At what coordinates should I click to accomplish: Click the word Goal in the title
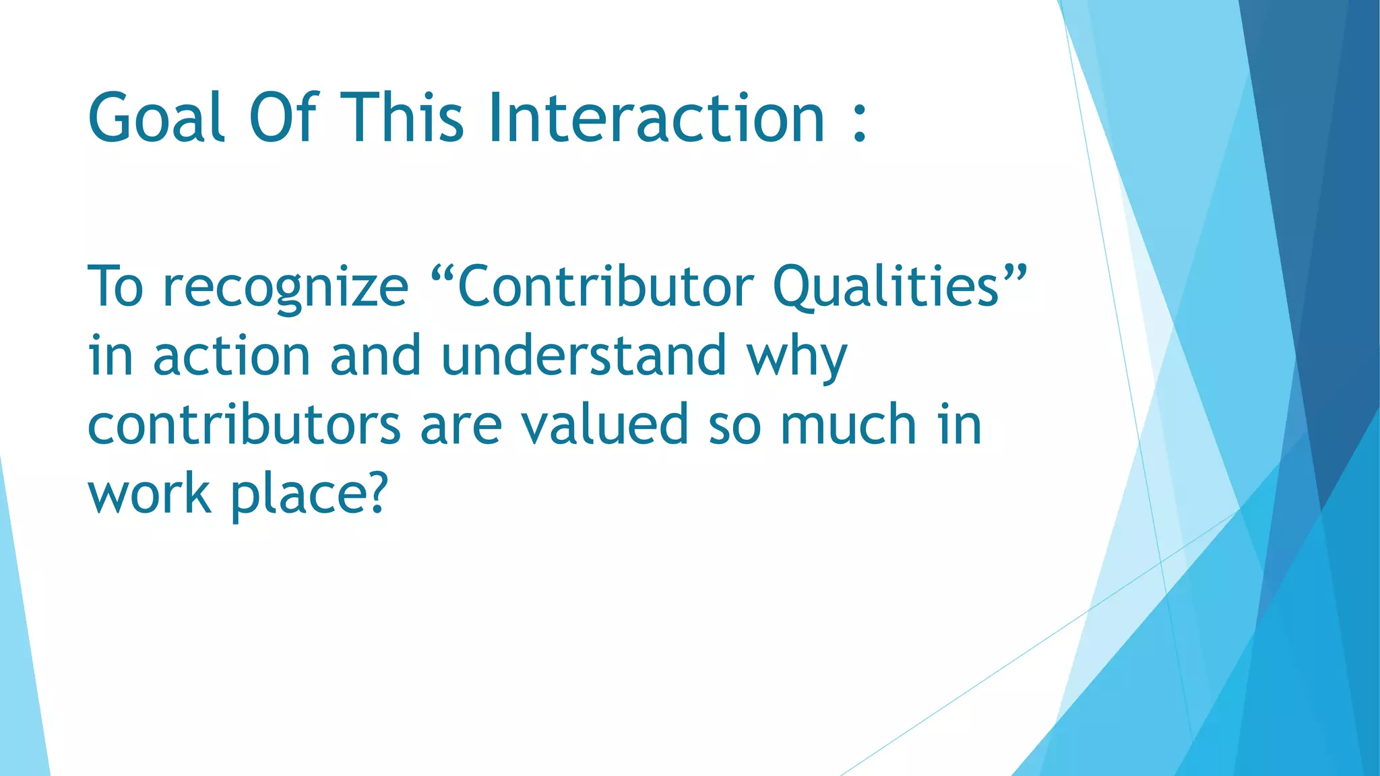[156, 119]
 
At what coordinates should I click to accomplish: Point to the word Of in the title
[282, 119]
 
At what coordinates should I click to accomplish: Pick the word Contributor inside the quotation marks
[605, 286]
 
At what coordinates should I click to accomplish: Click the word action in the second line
[231, 356]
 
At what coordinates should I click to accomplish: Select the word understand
[584, 356]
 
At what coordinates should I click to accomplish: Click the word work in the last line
[150, 494]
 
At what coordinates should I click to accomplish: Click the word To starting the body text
[115, 286]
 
